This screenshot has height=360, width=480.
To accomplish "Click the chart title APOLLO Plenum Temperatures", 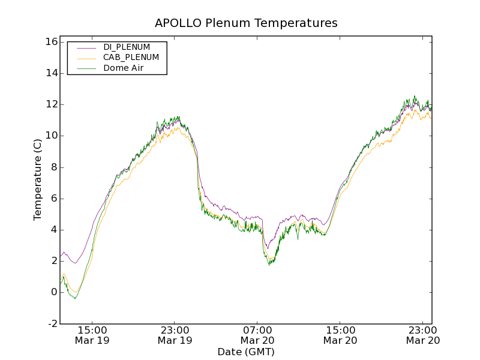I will (246, 23).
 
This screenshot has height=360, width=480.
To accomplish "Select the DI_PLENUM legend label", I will (127, 47).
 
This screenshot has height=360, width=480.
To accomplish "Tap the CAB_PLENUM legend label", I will (131, 58).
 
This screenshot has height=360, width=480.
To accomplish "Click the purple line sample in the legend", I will (86, 47).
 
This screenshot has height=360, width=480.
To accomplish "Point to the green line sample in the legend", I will (86, 68).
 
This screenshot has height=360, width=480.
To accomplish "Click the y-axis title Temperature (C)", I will (38, 179).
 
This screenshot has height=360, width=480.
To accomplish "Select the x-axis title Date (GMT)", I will (246, 352).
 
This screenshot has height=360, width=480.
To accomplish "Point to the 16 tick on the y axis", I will (50, 42).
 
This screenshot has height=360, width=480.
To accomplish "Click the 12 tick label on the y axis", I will (50, 104).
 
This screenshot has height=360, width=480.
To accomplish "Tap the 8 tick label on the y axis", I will (53, 167).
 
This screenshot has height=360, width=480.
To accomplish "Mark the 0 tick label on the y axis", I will (53, 292).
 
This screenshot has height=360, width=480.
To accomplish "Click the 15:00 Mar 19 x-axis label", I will (92, 335).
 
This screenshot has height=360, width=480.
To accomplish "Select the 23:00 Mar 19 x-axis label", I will (175, 335).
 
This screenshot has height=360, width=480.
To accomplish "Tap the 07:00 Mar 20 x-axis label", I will (257, 335).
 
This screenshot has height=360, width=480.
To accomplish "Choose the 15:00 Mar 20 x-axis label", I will (340, 335).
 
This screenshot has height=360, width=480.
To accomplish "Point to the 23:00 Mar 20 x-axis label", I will (422, 335).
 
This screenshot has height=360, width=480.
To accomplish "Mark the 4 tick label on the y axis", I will (53, 230).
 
